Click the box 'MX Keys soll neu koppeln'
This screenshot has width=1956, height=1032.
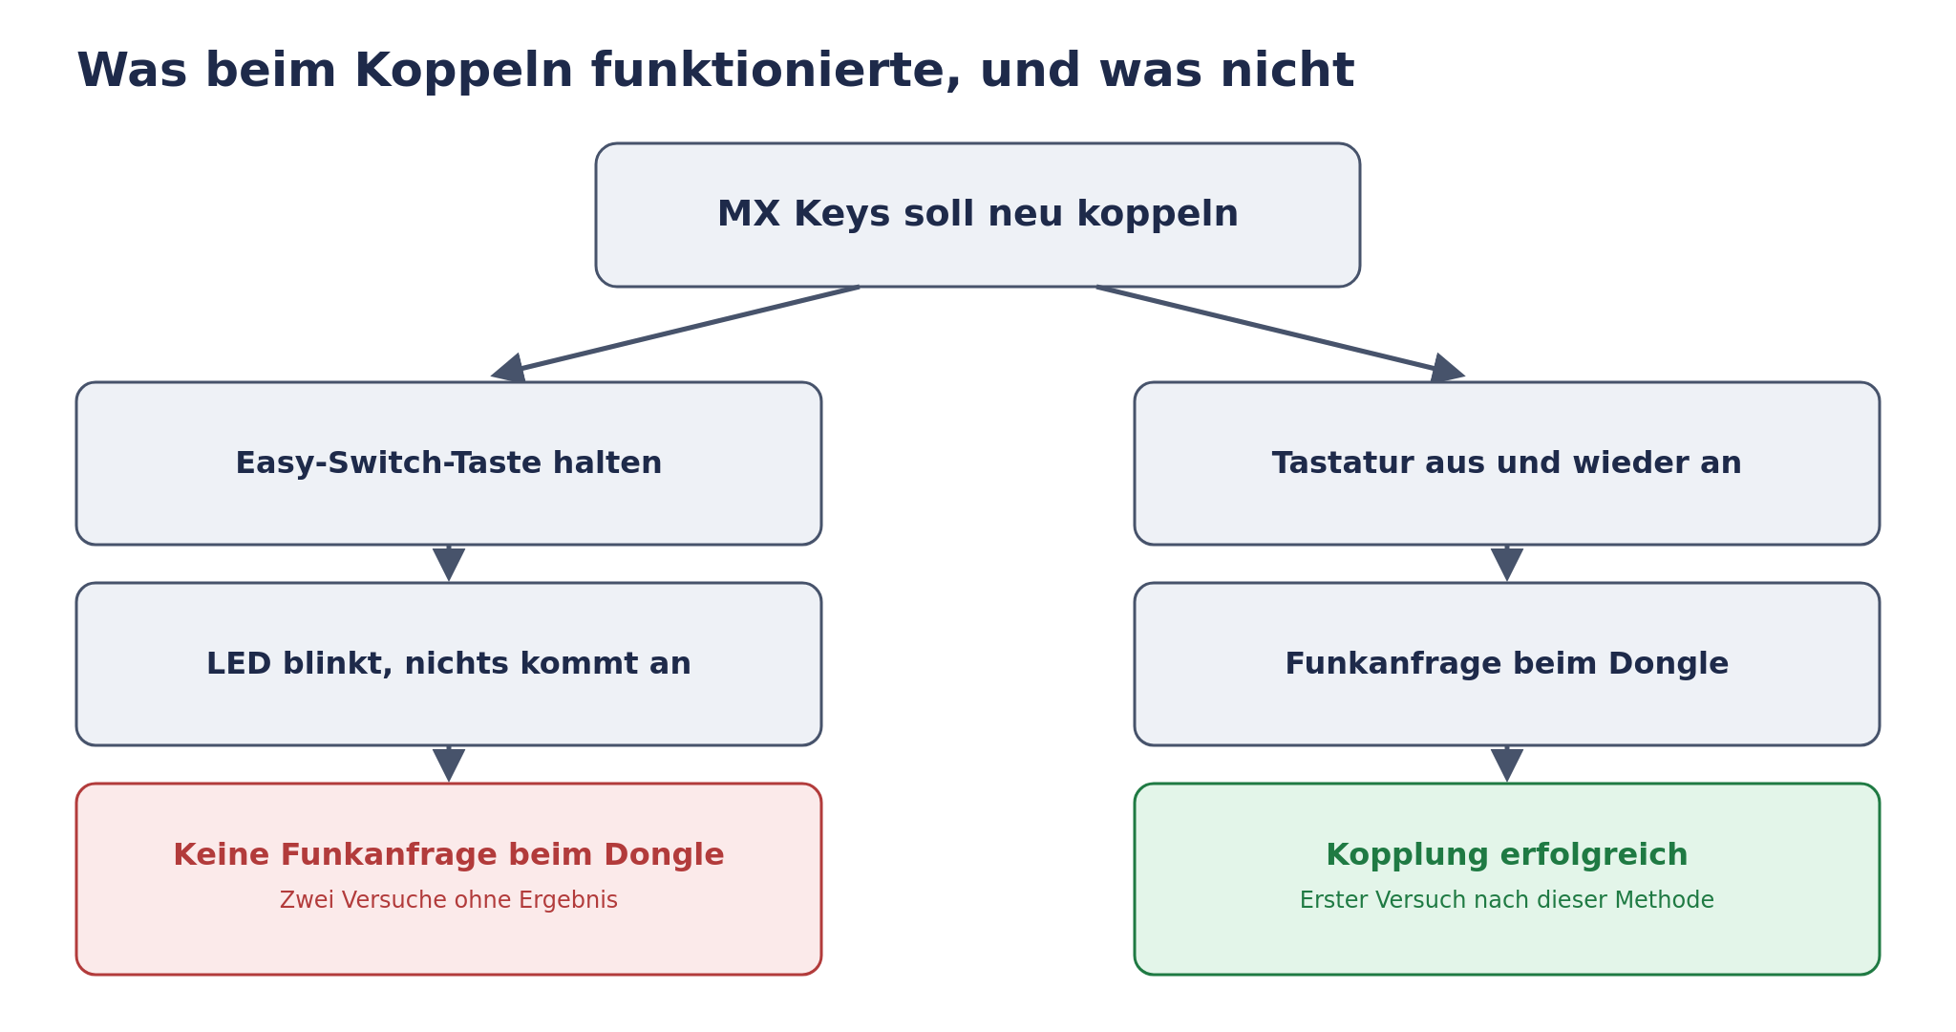point(978,215)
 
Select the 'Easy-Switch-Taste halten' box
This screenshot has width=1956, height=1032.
point(449,463)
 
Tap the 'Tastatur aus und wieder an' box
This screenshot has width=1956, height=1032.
point(1507,463)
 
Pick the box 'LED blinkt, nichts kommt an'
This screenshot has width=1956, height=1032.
point(449,664)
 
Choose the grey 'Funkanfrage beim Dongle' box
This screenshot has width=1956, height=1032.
point(1507,664)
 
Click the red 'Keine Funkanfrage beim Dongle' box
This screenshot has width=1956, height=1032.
point(449,879)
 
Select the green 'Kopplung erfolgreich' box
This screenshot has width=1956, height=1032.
point(1507,879)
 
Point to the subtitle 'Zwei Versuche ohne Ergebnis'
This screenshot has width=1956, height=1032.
point(449,900)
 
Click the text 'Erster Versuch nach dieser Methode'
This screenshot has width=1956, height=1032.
point(1507,900)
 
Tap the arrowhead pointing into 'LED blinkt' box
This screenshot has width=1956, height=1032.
point(449,565)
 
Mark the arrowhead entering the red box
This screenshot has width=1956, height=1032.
point(449,765)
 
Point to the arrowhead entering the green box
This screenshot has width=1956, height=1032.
point(1507,765)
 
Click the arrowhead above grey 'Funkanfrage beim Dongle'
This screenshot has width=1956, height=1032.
point(1507,565)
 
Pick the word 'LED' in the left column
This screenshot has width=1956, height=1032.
point(232,664)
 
